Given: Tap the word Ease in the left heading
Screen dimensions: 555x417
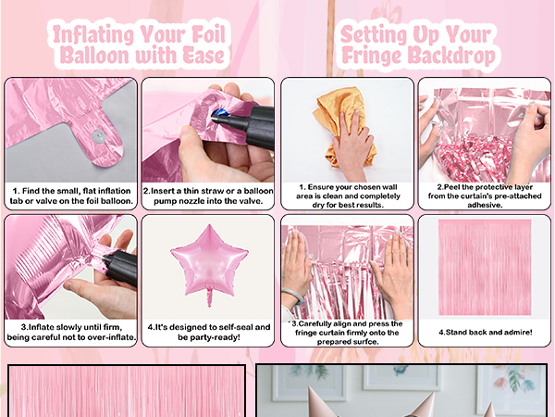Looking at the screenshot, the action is (203, 56).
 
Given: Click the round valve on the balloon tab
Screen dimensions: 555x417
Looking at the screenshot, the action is (98, 136).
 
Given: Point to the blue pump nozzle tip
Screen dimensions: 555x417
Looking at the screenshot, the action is (219, 115).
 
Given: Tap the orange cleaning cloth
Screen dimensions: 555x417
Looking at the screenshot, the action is (341, 124).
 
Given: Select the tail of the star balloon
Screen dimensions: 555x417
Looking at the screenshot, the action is (210, 297).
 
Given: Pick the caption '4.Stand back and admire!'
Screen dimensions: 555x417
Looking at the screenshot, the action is (486, 333).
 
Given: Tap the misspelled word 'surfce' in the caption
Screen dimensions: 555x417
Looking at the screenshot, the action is (365, 342).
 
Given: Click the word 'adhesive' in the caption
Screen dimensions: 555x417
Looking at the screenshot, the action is (485, 205).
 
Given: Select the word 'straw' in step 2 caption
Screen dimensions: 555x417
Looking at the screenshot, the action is (214, 191).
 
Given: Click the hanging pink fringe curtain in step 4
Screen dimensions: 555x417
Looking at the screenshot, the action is (485, 267).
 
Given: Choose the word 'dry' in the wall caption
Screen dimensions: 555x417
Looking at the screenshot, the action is (318, 205).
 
